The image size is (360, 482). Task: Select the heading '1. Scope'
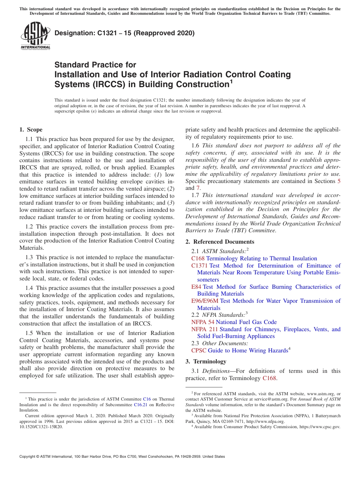[31, 130]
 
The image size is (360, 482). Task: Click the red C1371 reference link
[199, 266]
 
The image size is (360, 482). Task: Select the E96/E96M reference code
[205, 301]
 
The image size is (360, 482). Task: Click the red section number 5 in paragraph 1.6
[339, 181]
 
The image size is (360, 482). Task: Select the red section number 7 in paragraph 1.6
[197, 188]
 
